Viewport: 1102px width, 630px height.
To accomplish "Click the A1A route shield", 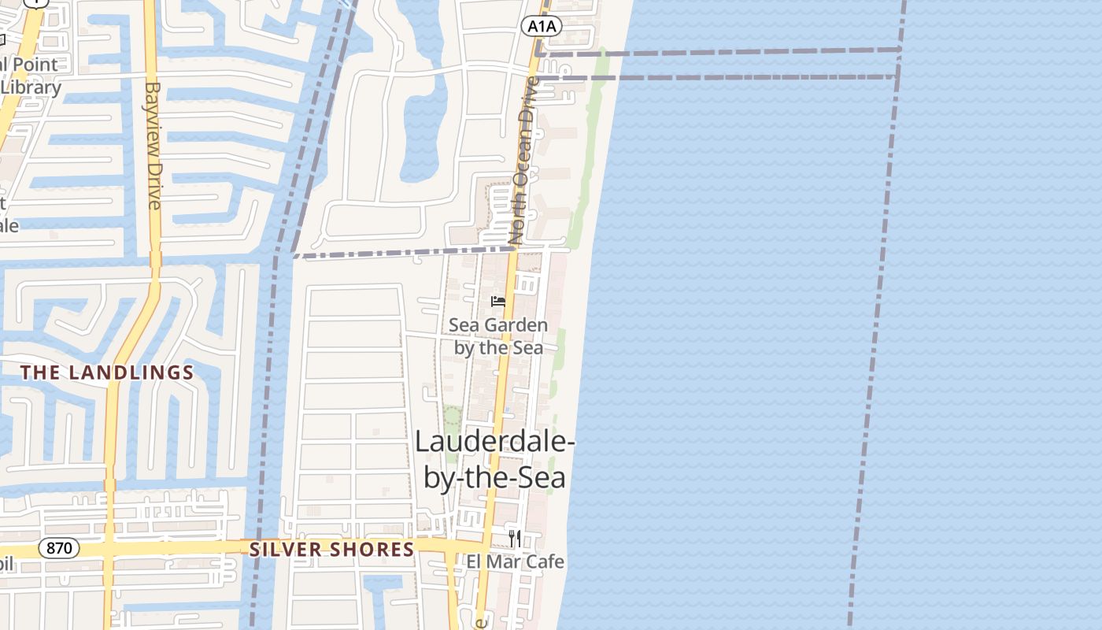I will [x=542, y=27].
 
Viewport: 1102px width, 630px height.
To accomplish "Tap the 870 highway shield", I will [x=59, y=548].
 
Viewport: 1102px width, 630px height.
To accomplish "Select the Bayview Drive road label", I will [x=153, y=146].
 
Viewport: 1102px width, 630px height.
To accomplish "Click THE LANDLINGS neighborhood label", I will [x=107, y=372].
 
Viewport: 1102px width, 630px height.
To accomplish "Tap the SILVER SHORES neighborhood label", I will [x=331, y=550].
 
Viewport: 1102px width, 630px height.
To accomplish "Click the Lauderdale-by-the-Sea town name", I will [x=495, y=459].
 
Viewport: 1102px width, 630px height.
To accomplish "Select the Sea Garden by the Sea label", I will [x=498, y=336].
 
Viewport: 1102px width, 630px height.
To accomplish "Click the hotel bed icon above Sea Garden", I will [x=497, y=301].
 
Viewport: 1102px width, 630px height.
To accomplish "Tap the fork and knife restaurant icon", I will [x=514, y=538].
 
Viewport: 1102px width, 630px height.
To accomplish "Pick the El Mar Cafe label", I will [x=516, y=561].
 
